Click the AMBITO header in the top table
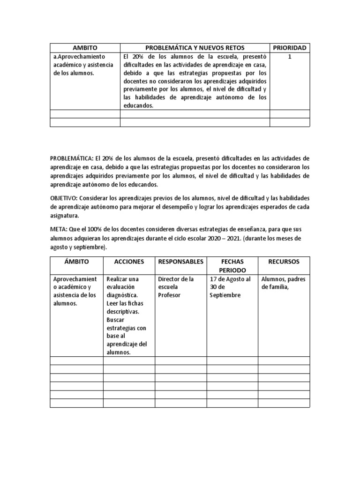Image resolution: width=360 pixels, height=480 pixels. (x=84, y=48)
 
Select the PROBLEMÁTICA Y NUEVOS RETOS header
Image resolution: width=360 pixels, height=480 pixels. (x=195, y=48)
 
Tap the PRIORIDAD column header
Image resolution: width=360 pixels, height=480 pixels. (x=290, y=48)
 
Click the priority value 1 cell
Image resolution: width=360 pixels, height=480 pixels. (x=290, y=56)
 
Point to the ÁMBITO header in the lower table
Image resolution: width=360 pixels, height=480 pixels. (x=76, y=262)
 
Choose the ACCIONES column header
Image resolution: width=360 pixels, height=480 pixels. (x=129, y=262)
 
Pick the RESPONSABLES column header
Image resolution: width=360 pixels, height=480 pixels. (x=180, y=262)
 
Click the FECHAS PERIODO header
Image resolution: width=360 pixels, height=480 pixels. (x=232, y=266)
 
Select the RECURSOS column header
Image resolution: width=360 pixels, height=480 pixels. (x=284, y=262)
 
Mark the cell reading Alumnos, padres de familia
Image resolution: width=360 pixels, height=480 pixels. (x=283, y=283)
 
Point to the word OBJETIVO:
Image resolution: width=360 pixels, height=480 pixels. (x=63, y=198)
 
